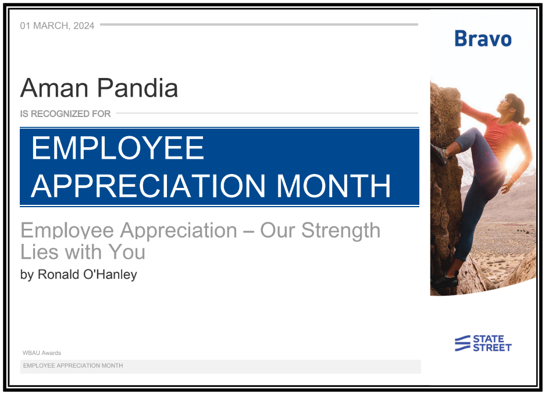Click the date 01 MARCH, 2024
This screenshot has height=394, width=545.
(x=57, y=26)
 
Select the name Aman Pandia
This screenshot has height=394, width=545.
(x=99, y=88)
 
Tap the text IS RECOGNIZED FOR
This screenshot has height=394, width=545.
(x=65, y=113)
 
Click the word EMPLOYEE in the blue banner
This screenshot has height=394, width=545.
(x=117, y=148)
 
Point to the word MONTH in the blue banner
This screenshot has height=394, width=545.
(x=334, y=186)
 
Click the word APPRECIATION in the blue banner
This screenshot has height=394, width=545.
(x=148, y=186)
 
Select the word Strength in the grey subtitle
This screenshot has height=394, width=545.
(x=341, y=231)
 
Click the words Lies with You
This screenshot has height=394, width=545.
(x=83, y=252)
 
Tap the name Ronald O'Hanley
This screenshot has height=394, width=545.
(x=87, y=274)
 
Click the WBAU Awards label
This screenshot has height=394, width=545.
(x=42, y=353)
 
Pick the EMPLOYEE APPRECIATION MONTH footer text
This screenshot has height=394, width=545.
(x=73, y=365)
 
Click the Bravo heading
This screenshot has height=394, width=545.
(x=483, y=38)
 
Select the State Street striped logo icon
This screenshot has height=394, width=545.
(x=462, y=343)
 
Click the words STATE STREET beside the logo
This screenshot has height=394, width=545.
(x=492, y=343)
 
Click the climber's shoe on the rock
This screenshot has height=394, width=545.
(x=439, y=154)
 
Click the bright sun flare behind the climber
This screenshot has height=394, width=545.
(x=514, y=161)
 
